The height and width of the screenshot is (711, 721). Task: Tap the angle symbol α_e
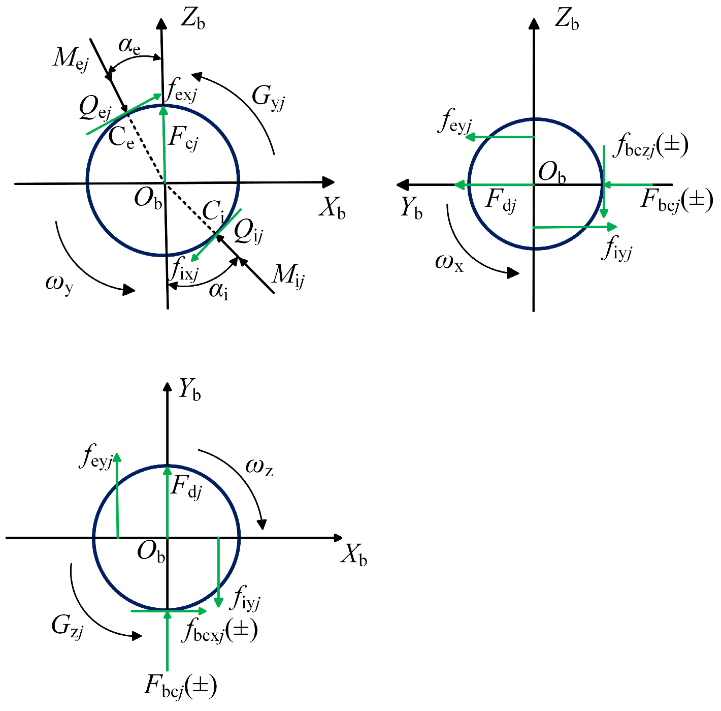[x=129, y=46]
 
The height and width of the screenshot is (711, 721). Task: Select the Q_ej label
[x=95, y=108]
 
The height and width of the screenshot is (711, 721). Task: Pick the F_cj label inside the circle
[x=183, y=139]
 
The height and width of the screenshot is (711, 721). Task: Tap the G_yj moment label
[x=269, y=98]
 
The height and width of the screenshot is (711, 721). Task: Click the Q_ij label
[x=248, y=232]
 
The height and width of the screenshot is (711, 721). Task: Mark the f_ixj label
[x=183, y=269]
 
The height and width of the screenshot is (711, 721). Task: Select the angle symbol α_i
[x=218, y=291]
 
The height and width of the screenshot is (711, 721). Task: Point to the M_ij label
[x=288, y=276]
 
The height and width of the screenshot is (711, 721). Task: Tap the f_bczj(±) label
[x=650, y=145]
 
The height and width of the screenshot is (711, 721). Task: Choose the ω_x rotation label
[x=449, y=263]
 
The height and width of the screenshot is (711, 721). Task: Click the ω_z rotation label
[x=259, y=468]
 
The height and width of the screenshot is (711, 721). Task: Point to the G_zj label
[x=68, y=626]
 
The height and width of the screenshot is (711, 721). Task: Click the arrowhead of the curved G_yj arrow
[x=197, y=76]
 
